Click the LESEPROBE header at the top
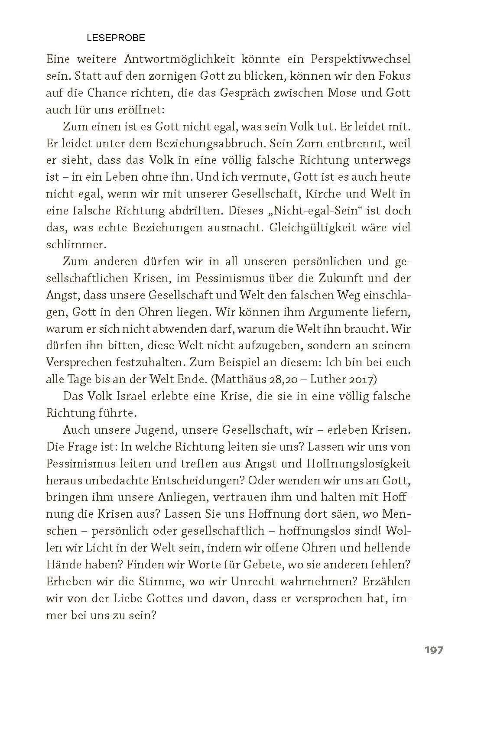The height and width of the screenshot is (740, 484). [116, 38]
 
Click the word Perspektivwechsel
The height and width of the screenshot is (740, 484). [358, 59]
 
